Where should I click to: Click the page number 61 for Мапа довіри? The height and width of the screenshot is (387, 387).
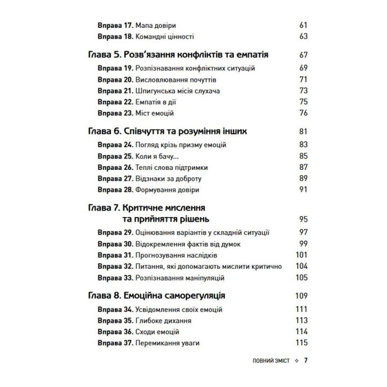(x=302, y=25)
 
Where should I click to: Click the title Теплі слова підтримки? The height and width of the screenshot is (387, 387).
(x=170, y=167)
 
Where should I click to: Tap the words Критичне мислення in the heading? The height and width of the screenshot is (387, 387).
(x=164, y=207)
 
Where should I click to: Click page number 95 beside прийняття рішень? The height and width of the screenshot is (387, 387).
(x=302, y=219)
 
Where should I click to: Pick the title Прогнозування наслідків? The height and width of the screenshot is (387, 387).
(x=175, y=255)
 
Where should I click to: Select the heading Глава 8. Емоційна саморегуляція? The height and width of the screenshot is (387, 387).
(x=156, y=295)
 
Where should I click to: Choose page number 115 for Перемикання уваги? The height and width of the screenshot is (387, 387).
(x=300, y=343)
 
